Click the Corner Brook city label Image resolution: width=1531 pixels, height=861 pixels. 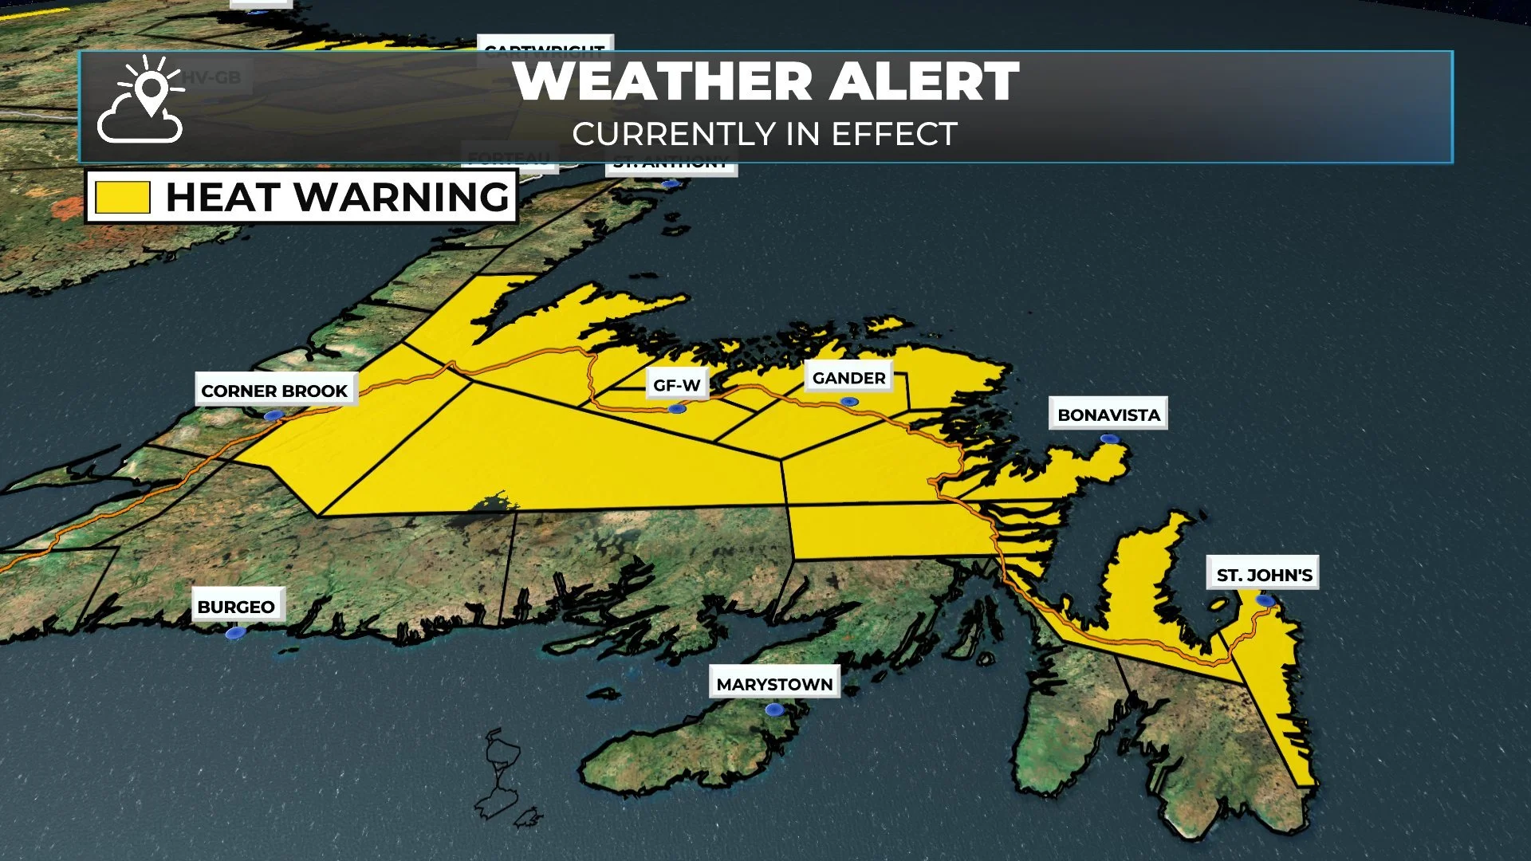click(274, 391)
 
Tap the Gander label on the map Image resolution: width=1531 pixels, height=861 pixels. click(848, 378)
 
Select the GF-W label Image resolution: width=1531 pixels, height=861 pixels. click(676, 386)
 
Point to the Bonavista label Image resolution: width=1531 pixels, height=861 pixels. click(1108, 415)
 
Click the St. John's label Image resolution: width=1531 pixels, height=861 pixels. click(1264, 575)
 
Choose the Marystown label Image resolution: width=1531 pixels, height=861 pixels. click(774, 684)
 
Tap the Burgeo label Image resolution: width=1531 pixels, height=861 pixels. click(236, 607)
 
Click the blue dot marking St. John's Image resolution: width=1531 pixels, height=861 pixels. click(1265, 600)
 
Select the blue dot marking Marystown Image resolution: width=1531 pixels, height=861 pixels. click(773, 709)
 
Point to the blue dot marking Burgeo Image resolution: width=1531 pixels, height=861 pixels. click(234, 633)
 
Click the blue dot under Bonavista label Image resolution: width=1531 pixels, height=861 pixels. click(1108, 438)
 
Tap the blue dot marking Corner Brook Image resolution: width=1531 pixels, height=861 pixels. click(274, 415)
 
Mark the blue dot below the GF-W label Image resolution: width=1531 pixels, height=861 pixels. click(677, 409)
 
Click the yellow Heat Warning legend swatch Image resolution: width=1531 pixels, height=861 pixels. click(123, 197)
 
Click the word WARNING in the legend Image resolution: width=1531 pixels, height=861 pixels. click(402, 197)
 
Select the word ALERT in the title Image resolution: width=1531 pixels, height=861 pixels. click(924, 81)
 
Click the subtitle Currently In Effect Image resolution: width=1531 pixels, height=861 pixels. click(765, 134)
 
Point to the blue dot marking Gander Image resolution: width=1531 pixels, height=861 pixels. click(849, 402)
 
